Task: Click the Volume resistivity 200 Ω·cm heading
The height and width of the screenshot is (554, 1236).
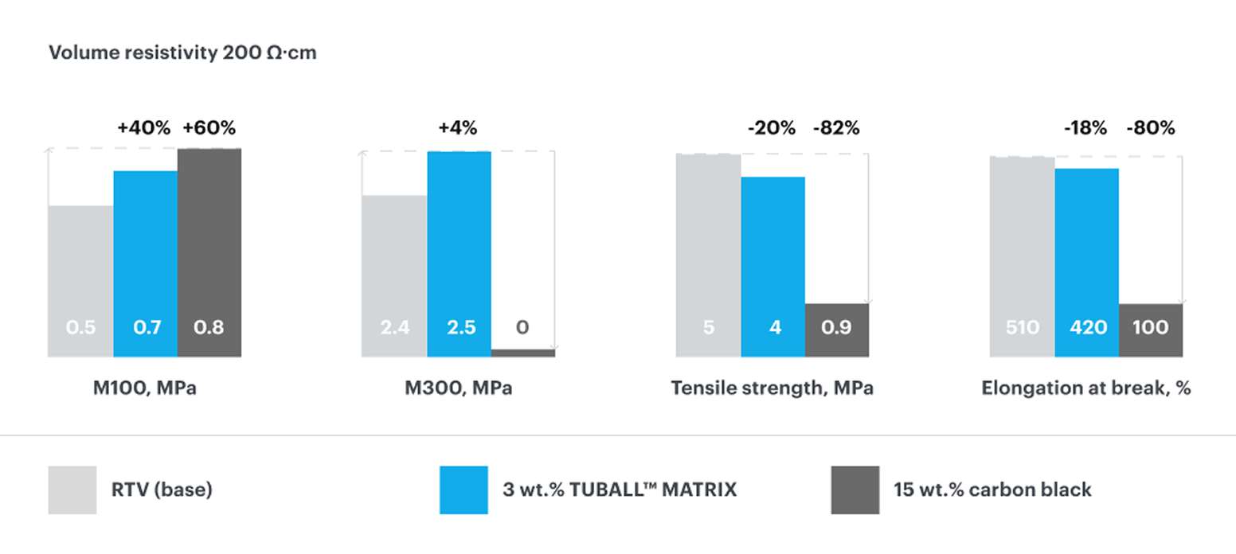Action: [x=182, y=53]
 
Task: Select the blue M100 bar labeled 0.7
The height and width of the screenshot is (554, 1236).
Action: [x=145, y=263]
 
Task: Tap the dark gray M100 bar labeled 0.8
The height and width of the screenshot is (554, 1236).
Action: [x=209, y=252]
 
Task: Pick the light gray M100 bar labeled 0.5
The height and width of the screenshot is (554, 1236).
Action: [x=80, y=280]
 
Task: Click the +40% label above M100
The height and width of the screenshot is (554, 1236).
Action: [x=143, y=128]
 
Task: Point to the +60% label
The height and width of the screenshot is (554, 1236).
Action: [x=209, y=128]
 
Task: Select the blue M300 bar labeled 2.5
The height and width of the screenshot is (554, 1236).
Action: [x=459, y=253]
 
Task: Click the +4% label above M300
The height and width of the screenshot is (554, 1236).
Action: [x=457, y=128]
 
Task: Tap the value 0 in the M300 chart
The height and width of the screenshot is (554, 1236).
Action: [x=522, y=327]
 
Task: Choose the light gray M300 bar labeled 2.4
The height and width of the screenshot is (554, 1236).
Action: [x=394, y=275]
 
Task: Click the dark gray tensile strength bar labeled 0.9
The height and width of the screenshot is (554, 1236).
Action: [x=836, y=330]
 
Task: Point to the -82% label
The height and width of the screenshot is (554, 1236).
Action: [x=835, y=128]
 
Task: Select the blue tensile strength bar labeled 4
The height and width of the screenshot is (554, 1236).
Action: [x=772, y=266]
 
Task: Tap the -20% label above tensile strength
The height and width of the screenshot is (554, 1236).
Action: [x=771, y=128]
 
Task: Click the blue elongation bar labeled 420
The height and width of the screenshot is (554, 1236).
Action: [x=1086, y=262]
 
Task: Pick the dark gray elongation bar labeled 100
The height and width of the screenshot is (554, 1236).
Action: [x=1151, y=330]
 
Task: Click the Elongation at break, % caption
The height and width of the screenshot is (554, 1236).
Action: [x=1086, y=389]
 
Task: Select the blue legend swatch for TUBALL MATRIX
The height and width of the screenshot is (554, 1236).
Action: [x=463, y=490]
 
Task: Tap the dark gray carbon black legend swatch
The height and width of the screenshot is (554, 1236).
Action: [x=855, y=490]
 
